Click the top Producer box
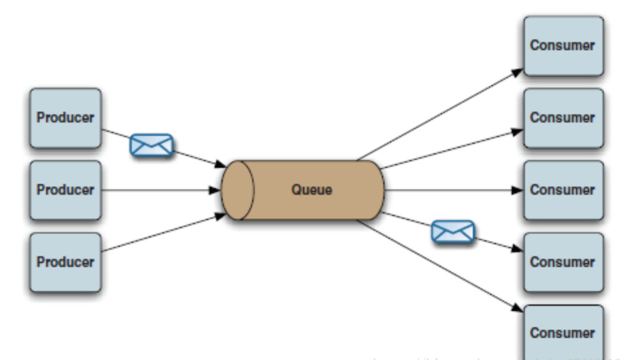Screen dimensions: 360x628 (x=66, y=118)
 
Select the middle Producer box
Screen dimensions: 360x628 (x=66, y=190)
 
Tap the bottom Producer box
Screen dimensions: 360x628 (x=66, y=262)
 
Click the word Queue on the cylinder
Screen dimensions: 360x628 (x=312, y=190)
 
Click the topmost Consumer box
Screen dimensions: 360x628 (x=563, y=46)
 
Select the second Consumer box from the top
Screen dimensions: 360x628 (x=563, y=118)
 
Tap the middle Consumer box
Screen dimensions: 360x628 (x=563, y=190)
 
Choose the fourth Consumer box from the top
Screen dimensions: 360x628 (x=563, y=262)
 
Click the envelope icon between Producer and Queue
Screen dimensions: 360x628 (x=152, y=145)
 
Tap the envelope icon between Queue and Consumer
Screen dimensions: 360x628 (x=453, y=232)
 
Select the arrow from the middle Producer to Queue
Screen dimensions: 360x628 (x=161, y=190)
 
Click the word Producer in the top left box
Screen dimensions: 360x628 (x=66, y=118)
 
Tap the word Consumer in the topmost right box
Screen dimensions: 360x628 (x=563, y=46)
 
